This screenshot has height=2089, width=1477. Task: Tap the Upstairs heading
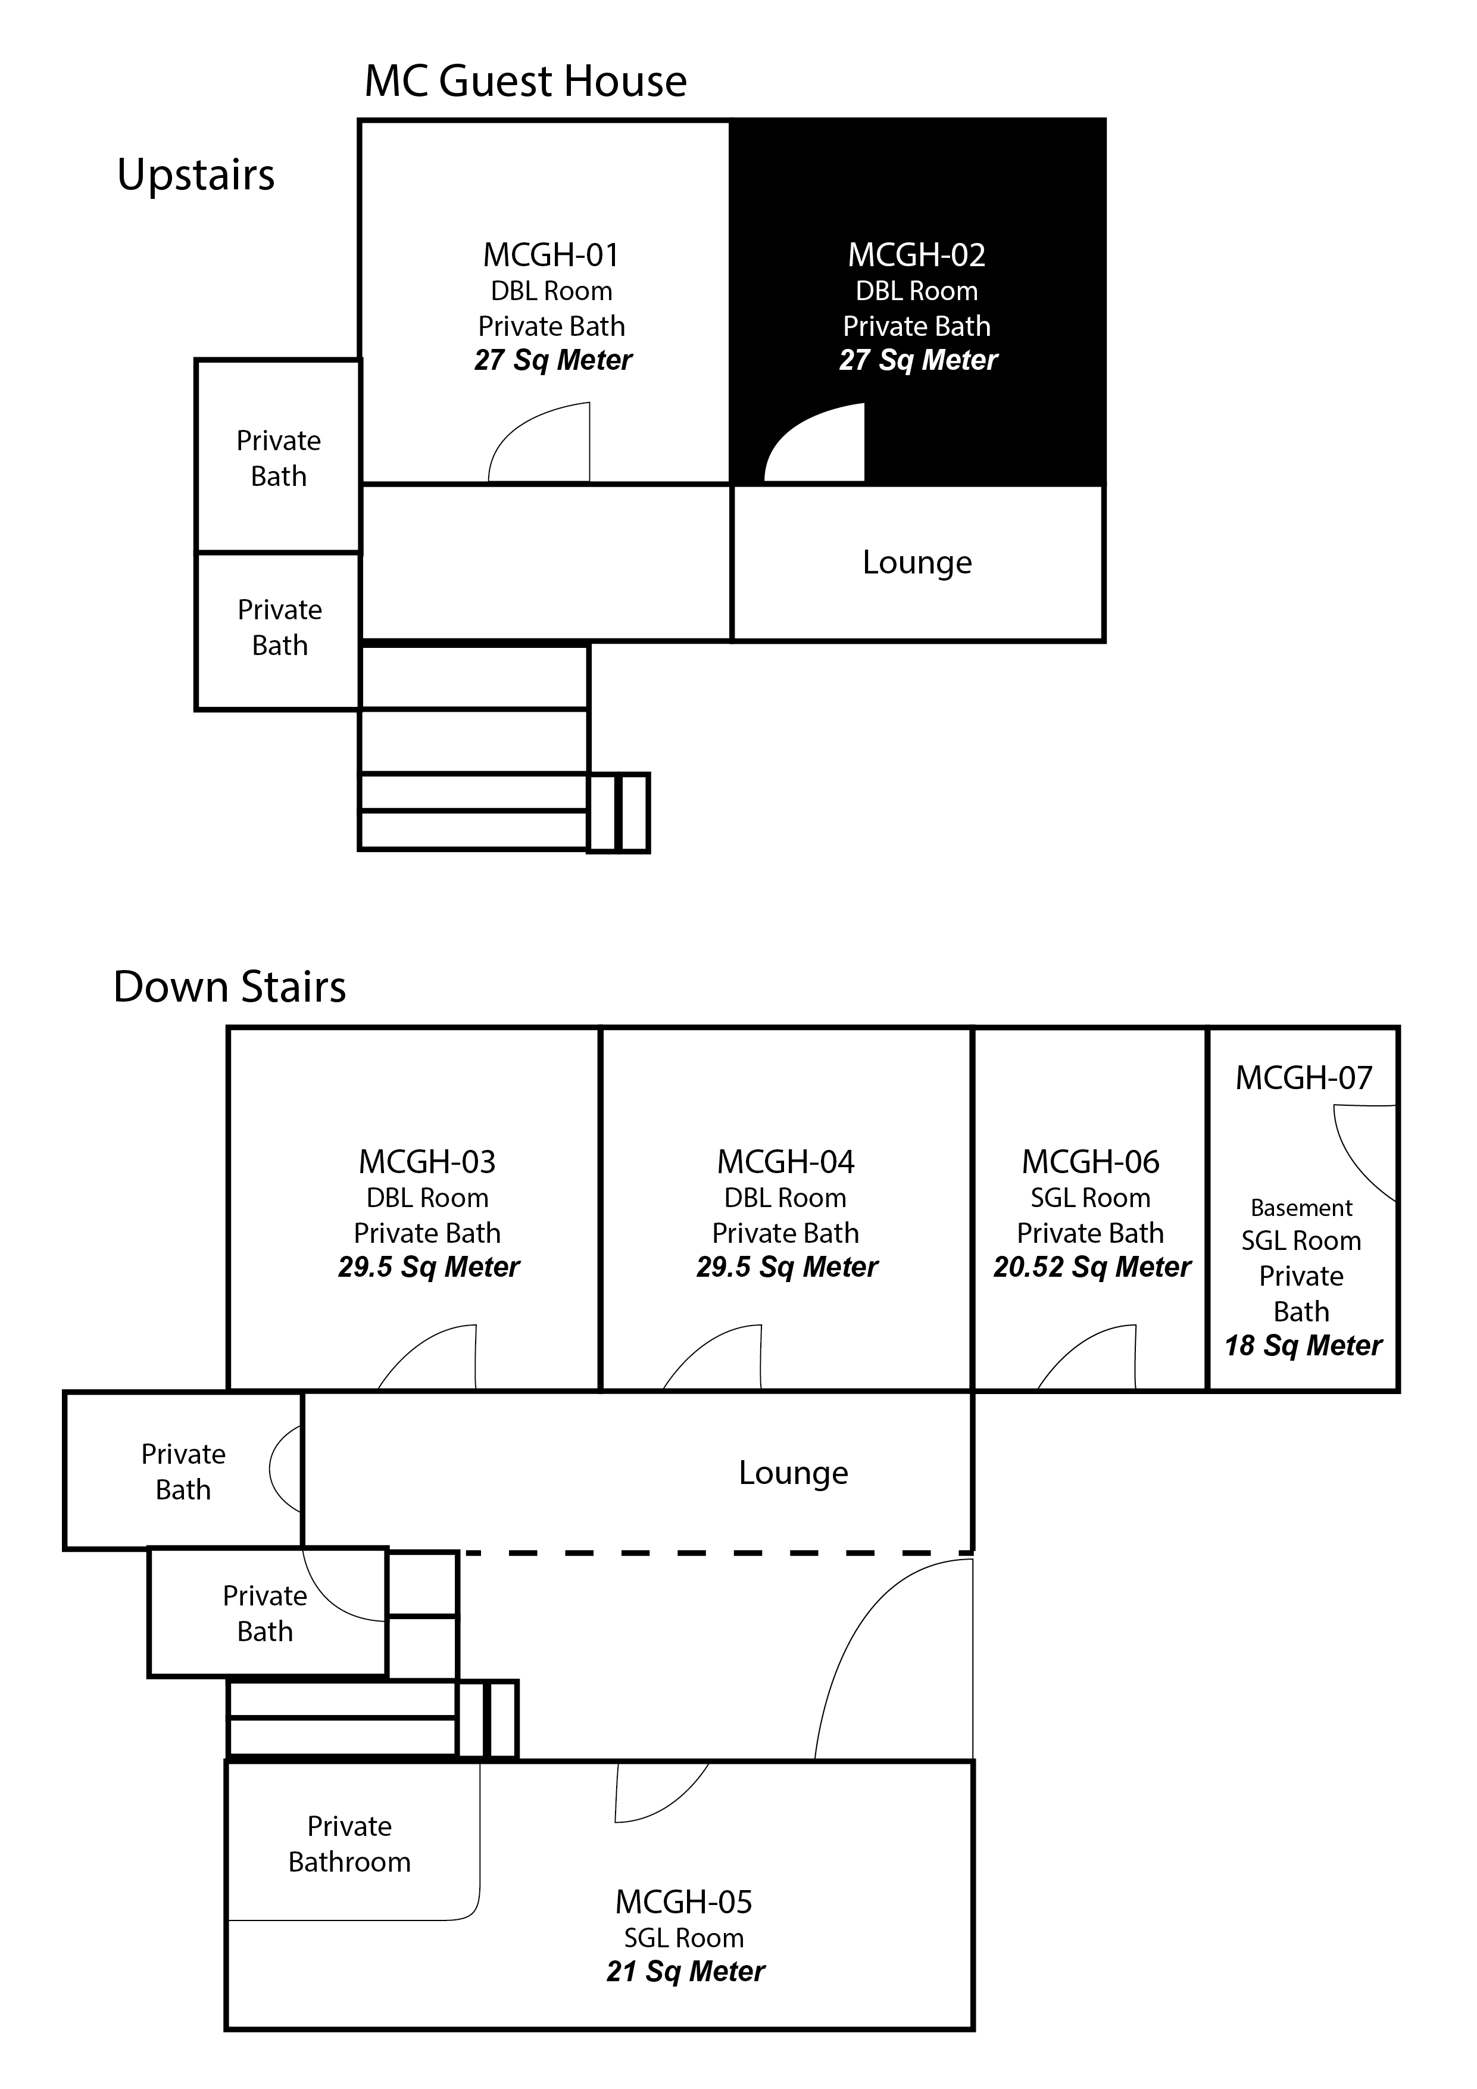point(195,174)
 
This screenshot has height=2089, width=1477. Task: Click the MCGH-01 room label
point(551,255)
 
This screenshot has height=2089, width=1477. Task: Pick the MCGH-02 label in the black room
point(917,255)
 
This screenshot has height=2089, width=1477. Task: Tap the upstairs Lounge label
point(917,563)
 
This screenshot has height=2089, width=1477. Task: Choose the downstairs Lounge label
point(793,1473)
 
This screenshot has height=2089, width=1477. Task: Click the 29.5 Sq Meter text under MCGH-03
point(429,1267)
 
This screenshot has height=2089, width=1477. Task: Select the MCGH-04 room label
point(786,1162)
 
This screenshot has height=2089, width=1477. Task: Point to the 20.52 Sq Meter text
point(1091,1267)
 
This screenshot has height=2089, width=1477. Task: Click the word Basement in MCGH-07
point(1301,1208)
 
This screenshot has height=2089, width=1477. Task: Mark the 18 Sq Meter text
point(1303,1346)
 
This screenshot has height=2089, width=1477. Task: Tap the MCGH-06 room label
point(1091,1162)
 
